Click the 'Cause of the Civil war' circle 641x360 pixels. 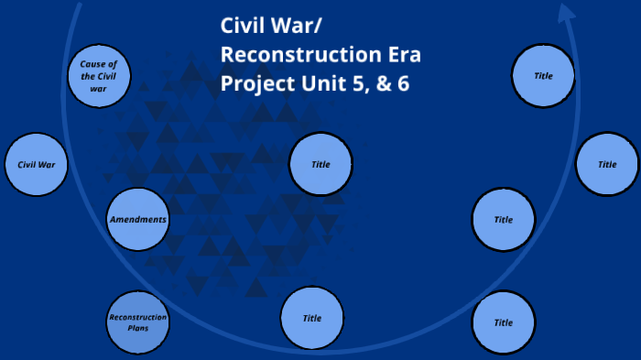(99, 75)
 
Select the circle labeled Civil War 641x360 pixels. (37, 165)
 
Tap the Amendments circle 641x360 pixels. (138, 220)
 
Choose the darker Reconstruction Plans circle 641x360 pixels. (138, 322)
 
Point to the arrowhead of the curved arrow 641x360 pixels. (568, 13)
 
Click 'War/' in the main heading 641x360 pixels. (303, 26)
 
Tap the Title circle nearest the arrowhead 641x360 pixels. (543, 75)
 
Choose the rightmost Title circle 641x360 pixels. (607, 165)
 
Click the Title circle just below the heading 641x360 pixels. (320, 165)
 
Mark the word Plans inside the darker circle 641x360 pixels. (138, 327)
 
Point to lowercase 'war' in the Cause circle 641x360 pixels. (99, 88)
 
